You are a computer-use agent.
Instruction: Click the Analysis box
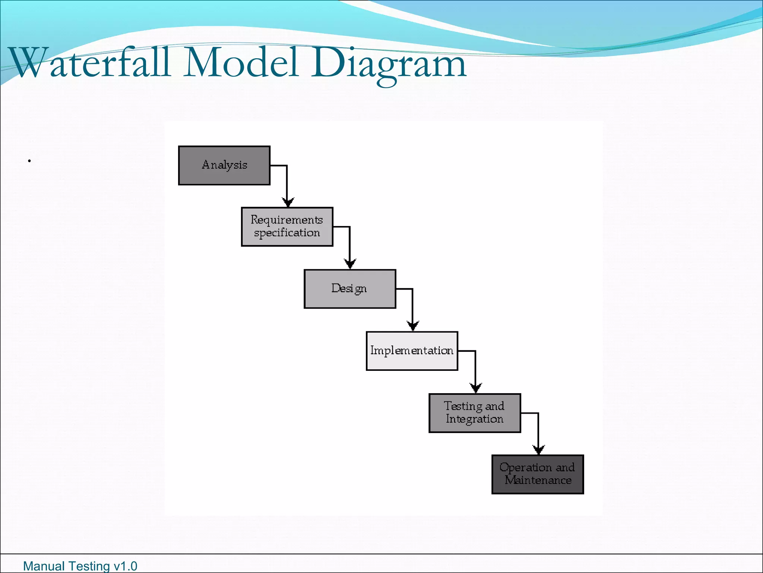[x=224, y=165]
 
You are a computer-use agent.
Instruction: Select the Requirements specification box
[x=287, y=226]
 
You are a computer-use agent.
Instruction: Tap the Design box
[x=349, y=289]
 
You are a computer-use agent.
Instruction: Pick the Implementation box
[x=412, y=351]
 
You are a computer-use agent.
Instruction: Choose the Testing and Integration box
[x=474, y=413]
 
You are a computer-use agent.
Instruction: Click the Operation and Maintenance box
[x=537, y=474]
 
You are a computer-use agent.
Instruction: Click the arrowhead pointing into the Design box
[x=350, y=264]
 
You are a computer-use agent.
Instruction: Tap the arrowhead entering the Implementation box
[x=412, y=326]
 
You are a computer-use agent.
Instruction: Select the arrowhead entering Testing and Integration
[x=475, y=388]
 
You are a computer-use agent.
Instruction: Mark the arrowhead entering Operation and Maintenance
[x=538, y=450]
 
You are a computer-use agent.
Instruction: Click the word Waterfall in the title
[x=89, y=63]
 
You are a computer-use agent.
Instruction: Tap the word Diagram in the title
[x=389, y=64]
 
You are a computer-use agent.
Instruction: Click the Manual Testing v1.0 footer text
[x=80, y=566]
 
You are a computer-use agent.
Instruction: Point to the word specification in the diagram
[x=287, y=233]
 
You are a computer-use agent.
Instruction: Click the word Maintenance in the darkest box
[x=538, y=480]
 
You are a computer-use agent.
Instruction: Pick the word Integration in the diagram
[x=474, y=419]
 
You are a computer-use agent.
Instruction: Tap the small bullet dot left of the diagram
[x=29, y=161]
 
